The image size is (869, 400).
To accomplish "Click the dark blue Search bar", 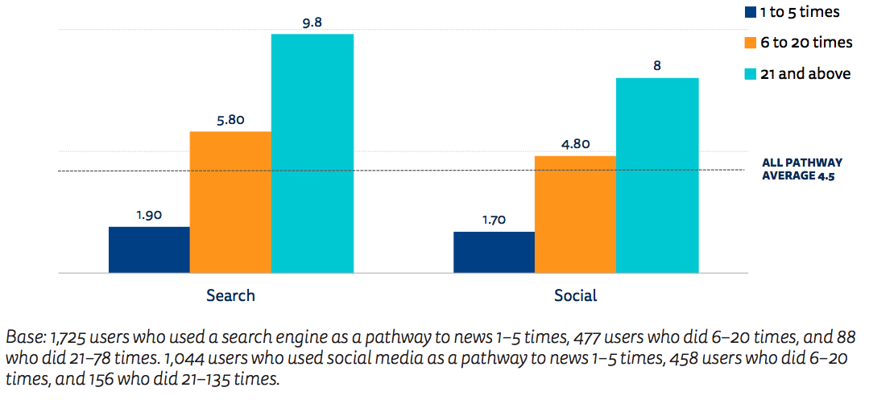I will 149,250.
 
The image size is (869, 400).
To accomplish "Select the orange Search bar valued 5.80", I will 230,202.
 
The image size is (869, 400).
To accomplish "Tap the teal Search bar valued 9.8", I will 312,154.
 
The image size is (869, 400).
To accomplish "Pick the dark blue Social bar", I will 494,253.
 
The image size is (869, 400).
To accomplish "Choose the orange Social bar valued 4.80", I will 575,215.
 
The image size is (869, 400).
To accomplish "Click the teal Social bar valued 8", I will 656,175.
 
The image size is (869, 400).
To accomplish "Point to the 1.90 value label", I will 149,215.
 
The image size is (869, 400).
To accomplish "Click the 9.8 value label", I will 312,23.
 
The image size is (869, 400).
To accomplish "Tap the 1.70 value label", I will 494,220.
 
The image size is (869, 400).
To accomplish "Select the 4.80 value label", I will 575,144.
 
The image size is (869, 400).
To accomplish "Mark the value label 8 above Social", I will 657,66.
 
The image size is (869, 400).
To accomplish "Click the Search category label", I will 230,295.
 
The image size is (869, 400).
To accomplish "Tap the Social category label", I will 575,295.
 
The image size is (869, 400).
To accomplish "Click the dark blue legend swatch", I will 751,12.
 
